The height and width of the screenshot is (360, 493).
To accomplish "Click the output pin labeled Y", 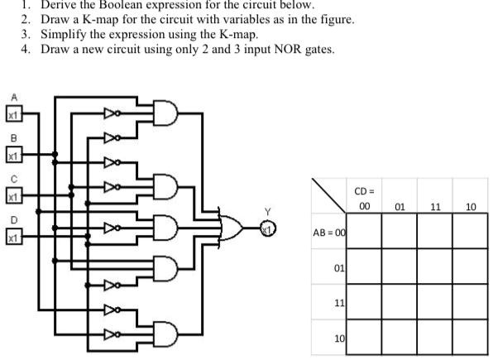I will (268, 228).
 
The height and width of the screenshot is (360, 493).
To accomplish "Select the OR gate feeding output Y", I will (231, 228).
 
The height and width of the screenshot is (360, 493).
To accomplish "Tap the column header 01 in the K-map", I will (400, 208).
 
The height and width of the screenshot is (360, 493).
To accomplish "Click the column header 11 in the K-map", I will (435, 208).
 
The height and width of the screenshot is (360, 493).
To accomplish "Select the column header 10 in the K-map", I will (470, 208).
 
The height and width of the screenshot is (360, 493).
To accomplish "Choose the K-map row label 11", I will (337, 303).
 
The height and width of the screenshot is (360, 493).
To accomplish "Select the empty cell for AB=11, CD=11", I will (435, 302).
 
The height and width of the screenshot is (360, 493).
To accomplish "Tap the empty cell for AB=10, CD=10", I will (470, 338).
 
